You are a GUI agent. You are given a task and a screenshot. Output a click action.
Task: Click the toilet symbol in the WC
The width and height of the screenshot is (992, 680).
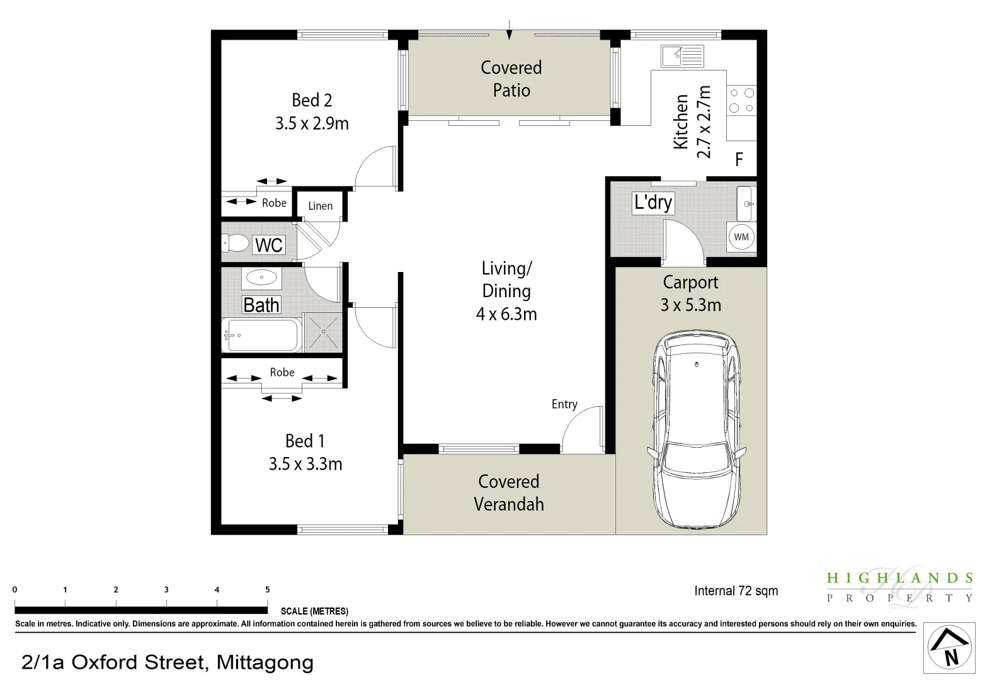236,243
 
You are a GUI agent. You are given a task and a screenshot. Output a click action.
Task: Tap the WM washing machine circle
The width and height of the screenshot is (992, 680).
741,237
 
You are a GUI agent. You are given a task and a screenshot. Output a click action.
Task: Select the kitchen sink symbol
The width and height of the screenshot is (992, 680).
682,56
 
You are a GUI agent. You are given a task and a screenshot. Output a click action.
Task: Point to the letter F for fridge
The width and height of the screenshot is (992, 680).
739,160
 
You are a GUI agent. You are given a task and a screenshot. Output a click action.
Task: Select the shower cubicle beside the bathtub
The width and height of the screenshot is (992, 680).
322,332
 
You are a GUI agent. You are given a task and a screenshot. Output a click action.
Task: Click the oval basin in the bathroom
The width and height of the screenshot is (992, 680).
261,277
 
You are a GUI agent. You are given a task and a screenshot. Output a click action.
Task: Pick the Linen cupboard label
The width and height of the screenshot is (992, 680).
321,206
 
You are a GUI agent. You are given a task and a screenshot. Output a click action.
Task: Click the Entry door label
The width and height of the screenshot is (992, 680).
564,404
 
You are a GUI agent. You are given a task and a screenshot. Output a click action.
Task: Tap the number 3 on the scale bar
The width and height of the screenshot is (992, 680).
166,590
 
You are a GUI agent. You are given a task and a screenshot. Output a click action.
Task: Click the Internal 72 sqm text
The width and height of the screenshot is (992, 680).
736,591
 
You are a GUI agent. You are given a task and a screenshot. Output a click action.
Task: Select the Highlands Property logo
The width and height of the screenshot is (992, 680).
900,587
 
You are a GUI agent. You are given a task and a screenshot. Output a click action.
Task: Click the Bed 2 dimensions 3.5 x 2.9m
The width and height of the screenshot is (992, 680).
312,123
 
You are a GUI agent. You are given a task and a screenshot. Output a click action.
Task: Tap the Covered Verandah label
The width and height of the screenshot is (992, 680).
509,492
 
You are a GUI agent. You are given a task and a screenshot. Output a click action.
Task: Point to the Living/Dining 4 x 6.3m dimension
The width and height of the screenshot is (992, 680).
506,314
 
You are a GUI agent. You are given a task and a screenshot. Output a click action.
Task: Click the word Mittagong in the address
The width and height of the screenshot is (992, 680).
265,662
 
